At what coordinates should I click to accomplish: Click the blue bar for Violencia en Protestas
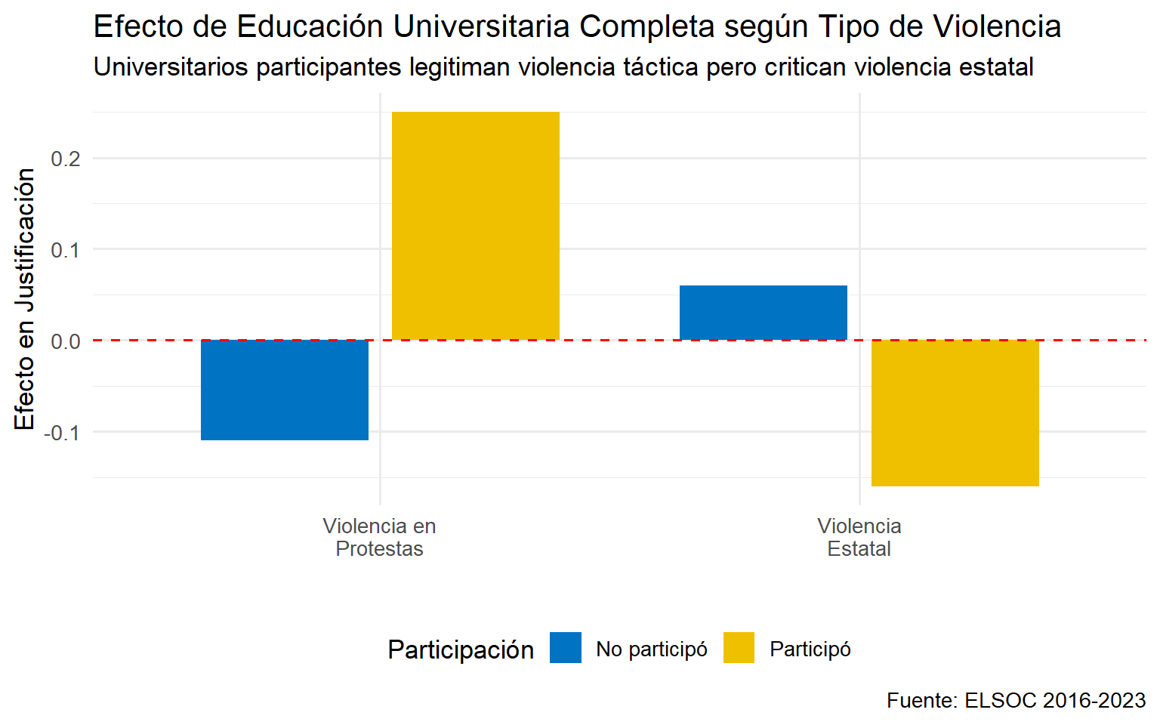285,390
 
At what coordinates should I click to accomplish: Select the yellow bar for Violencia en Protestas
476,226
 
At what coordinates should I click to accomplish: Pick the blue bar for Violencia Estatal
764,313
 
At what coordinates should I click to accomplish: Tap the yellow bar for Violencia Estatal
955,412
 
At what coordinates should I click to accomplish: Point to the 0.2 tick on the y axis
66,159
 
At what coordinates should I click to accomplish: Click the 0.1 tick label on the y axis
66,250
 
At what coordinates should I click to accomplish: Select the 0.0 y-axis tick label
66,341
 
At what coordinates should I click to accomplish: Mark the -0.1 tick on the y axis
63,433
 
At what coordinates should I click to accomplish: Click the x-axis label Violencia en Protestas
379,537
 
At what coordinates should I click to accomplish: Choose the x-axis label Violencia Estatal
859,537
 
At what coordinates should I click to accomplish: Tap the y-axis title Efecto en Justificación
25,299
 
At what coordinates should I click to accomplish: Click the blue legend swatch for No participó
566,648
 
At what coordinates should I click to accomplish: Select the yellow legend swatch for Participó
739,648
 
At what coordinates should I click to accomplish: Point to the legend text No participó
652,649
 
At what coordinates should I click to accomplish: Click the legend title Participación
461,649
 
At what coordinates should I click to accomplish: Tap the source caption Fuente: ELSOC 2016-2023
1016,700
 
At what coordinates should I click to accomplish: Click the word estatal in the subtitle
996,67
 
